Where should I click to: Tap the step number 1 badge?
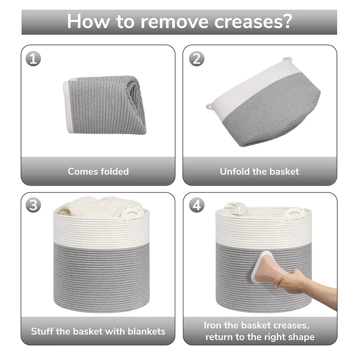tap(33, 59)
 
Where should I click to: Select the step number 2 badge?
tap(196, 59)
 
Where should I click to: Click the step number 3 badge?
tap(33, 205)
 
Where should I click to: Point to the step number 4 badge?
tap(196, 205)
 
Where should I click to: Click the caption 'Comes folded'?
tap(98, 171)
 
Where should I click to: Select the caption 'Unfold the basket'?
tap(259, 171)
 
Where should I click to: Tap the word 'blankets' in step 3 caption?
tap(145, 331)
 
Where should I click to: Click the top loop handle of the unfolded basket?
tap(287, 60)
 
